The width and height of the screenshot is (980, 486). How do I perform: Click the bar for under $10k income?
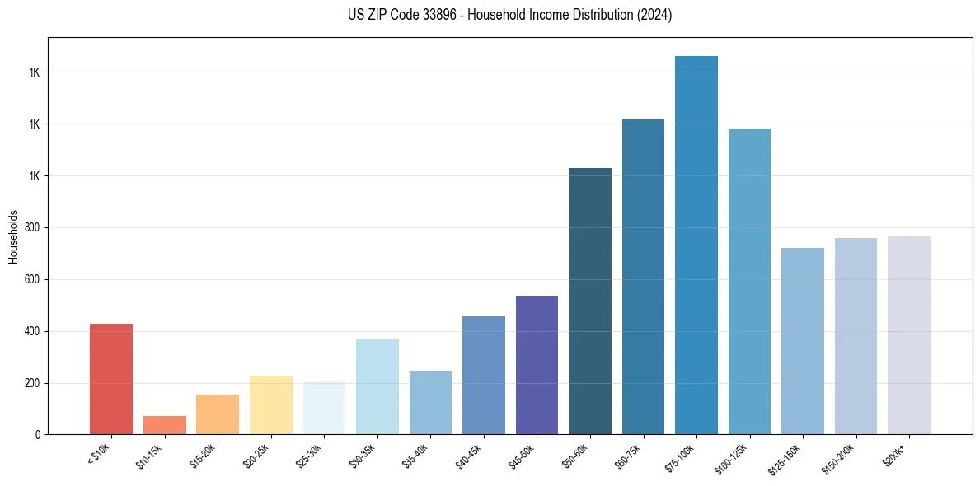(111, 379)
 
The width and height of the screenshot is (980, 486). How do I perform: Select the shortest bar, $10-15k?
(164, 425)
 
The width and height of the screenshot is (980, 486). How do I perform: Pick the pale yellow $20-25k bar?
(270, 404)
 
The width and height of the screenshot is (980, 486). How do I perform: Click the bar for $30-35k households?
(377, 386)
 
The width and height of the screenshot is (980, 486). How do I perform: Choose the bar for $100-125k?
(749, 281)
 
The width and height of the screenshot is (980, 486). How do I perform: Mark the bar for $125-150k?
(803, 341)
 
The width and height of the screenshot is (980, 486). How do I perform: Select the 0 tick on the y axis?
(38, 435)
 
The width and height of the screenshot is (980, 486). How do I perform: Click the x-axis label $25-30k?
(309, 456)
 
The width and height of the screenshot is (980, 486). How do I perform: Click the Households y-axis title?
(13, 236)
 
